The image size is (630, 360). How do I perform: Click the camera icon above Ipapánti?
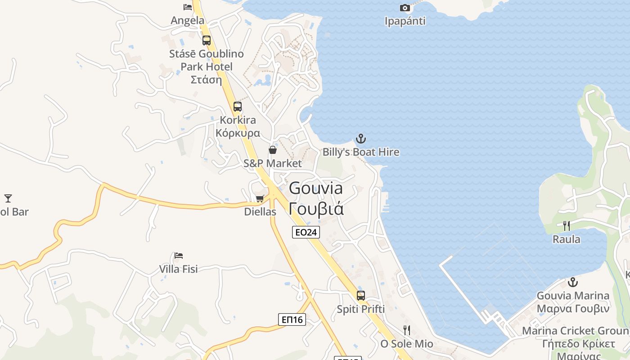405,8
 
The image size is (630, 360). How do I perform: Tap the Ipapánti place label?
405,21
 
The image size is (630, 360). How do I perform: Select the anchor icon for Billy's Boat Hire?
361,139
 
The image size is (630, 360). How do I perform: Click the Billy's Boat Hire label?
361,152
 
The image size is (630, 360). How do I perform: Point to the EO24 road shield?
306,232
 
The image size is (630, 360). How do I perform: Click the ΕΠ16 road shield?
292,319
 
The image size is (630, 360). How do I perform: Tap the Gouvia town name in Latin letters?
316,188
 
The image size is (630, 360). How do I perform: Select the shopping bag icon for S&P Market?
273,150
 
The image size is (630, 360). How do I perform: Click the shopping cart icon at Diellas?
260,198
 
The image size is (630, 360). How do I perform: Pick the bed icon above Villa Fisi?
179,256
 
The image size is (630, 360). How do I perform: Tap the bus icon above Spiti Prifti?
361,296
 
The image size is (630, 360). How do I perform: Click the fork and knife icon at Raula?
567,226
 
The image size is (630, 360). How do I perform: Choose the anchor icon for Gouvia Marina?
573,282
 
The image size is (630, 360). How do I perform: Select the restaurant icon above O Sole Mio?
407,330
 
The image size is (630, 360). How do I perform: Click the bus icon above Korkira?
237,107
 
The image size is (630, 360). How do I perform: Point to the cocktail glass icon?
8,198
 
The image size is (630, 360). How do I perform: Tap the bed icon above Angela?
188,7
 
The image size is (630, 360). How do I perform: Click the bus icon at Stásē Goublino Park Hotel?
207,40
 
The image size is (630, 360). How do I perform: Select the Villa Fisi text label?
179,269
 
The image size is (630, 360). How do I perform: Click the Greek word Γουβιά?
316,209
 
